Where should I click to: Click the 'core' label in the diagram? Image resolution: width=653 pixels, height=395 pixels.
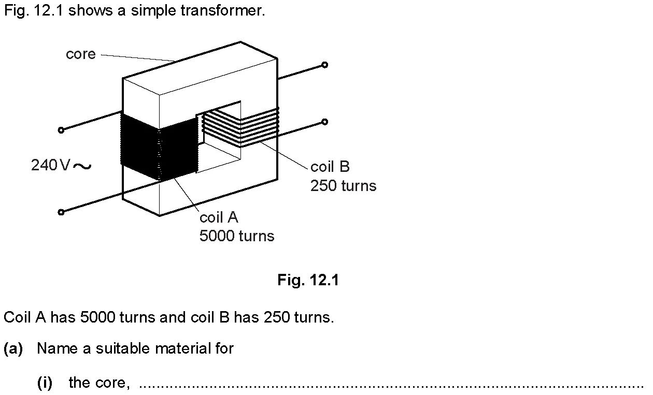pyautogui.click(x=81, y=54)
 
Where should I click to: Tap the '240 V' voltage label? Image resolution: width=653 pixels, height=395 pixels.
pyautogui.click(x=50, y=165)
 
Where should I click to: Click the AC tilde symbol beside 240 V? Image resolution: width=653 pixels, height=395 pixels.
pyautogui.click(x=82, y=166)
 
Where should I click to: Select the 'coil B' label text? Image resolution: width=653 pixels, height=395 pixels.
pyautogui.click(x=330, y=167)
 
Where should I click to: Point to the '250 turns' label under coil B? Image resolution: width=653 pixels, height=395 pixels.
pyautogui.click(x=344, y=186)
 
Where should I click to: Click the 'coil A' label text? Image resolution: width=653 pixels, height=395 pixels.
pyautogui.click(x=219, y=217)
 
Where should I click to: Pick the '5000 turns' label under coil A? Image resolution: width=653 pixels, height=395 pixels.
pyautogui.click(x=237, y=236)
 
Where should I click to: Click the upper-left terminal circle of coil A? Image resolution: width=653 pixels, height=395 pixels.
pyautogui.click(x=61, y=130)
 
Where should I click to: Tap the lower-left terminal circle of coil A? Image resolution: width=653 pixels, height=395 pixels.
pyautogui.click(x=61, y=212)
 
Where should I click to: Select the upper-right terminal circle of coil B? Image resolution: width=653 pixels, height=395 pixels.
pyautogui.click(x=325, y=65)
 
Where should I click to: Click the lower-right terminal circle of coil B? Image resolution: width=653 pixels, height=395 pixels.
pyautogui.click(x=325, y=122)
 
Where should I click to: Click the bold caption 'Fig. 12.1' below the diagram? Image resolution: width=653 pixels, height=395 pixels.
pyautogui.click(x=308, y=280)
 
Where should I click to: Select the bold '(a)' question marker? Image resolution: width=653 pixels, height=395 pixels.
pyautogui.click(x=13, y=349)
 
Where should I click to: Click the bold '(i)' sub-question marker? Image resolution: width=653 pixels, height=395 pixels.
pyautogui.click(x=45, y=383)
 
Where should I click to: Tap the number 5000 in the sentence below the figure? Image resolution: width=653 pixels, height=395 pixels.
pyautogui.click(x=98, y=317)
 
